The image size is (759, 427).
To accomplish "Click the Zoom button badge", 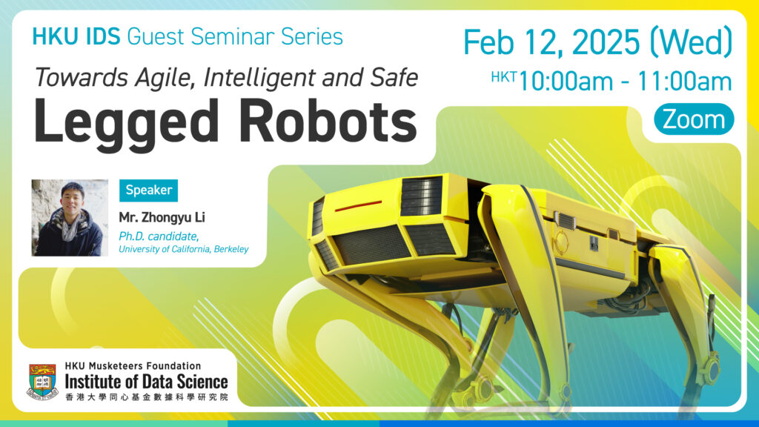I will click(x=694, y=119).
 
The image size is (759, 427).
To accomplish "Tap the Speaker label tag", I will click(x=148, y=190).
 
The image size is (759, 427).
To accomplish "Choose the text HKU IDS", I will click(x=77, y=36).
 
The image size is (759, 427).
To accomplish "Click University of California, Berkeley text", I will click(x=183, y=249).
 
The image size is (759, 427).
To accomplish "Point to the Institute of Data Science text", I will click(x=146, y=382).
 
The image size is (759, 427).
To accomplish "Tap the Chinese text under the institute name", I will click(x=146, y=398).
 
